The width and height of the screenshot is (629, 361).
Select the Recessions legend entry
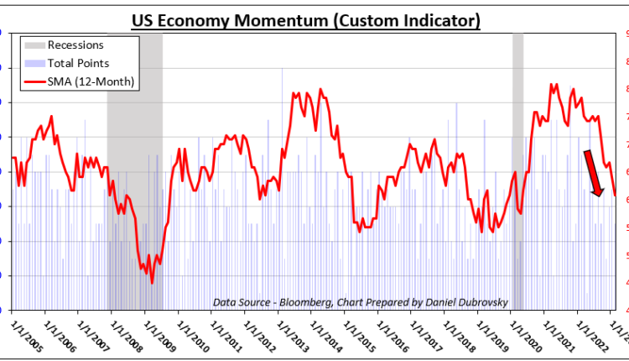click(75, 45)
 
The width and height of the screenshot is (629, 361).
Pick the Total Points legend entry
click(78, 63)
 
